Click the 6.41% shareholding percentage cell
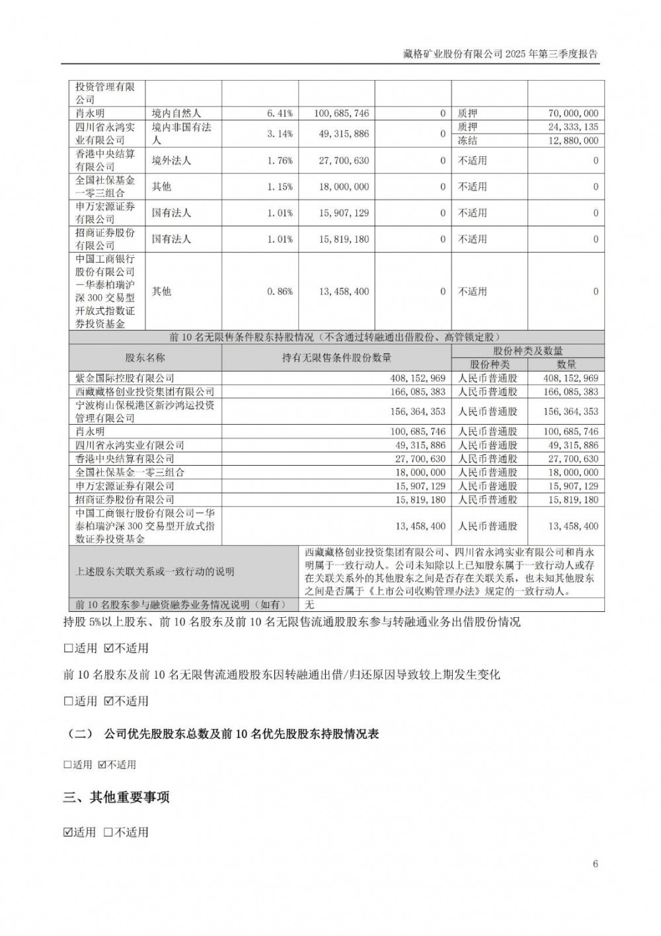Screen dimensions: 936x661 (280, 114)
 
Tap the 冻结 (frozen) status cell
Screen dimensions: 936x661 (467, 140)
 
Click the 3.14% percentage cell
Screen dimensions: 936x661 (280, 134)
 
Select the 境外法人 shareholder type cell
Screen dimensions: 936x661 (171, 161)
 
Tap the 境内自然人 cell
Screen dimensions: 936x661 (175, 114)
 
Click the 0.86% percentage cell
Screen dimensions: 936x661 (280, 291)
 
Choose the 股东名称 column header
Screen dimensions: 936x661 (145, 358)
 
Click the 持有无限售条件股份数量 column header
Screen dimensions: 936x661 (336, 358)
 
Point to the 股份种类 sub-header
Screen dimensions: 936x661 (489, 364)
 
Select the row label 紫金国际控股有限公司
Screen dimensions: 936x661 (126, 378)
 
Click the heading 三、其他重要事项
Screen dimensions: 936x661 (116, 797)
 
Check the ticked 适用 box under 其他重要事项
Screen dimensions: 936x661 (68, 832)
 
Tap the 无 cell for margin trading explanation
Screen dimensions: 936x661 (309, 604)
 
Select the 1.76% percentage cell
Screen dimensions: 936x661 (280, 161)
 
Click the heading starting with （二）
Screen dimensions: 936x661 (221, 734)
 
